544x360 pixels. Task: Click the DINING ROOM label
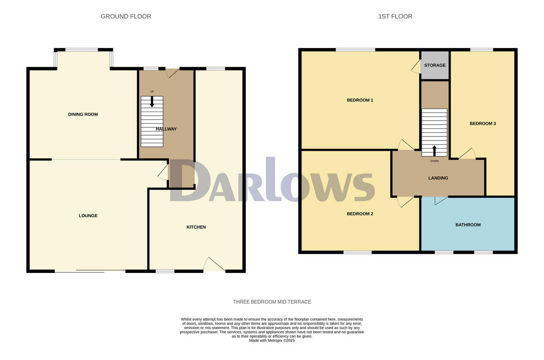tap(83, 114)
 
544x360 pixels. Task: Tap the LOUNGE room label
tap(88, 216)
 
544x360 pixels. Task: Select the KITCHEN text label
tap(196, 227)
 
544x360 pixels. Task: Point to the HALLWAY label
tap(166, 129)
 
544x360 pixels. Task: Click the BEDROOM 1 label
tap(359, 100)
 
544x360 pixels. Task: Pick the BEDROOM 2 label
tap(359, 214)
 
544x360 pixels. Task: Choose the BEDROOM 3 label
tap(482, 123)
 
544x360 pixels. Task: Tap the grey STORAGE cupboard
tap(435, 65)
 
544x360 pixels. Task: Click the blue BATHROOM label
tap(468, 225)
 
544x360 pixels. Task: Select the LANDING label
tap(438, 178)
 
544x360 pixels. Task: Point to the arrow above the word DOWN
tap(434, 151)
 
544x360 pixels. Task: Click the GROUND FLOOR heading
tap(126, 16)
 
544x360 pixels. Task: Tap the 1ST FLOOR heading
tap(395, 16)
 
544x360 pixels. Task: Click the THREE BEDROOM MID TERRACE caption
tap(272, 302)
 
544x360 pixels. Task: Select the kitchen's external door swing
tap(214, 265)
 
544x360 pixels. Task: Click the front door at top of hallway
tap(172, 73)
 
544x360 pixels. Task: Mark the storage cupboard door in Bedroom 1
tap(416, 67)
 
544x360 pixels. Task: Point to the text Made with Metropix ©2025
tap(272, 341)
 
